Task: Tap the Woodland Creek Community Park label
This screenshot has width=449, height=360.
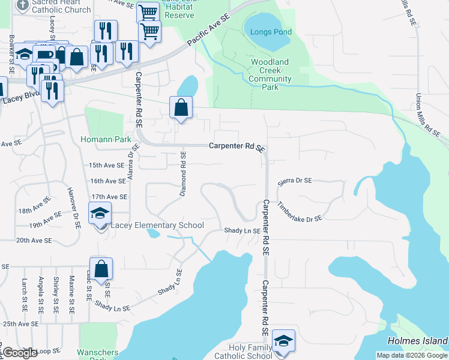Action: [270, 74]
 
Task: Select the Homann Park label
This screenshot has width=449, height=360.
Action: [106, 139]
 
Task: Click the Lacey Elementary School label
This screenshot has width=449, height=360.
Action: [157, 225]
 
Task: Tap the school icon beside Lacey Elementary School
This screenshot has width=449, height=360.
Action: [100, 213]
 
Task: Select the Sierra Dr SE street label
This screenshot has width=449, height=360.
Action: [295, 181]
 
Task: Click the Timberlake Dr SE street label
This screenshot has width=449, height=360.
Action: [300, 211]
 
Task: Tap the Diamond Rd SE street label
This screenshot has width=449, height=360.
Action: [184, 175]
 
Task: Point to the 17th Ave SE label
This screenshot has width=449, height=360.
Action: [109, 197]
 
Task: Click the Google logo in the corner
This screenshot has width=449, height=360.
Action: [20, 353]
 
